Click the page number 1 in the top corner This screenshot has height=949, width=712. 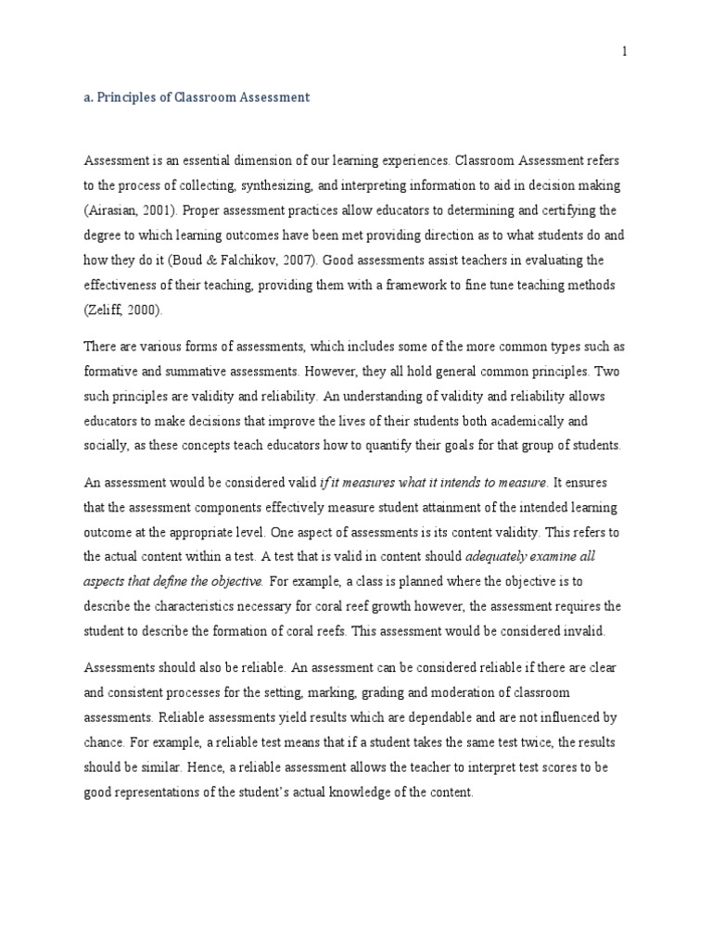625,52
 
